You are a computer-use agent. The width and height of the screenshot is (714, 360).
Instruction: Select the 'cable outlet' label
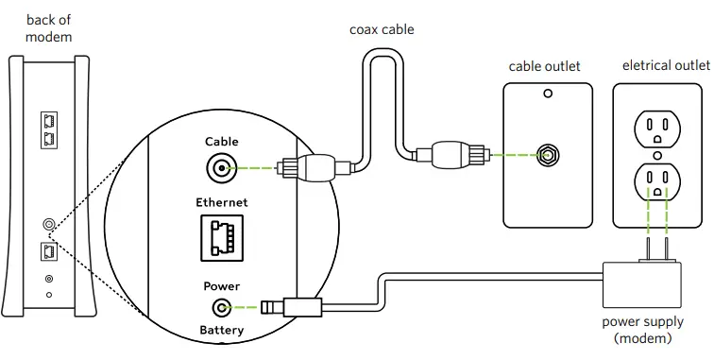tap(544, 66)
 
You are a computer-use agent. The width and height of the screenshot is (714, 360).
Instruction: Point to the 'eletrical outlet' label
tap(665, 65)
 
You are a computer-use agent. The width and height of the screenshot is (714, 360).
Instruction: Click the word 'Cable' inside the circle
tap(221, 142)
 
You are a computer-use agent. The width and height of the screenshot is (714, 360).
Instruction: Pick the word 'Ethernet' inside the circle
tap(221, 202)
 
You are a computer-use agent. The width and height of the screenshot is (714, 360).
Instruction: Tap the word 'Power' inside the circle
tap(221, 285)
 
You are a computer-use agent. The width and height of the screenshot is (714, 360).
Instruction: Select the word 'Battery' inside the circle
tap(221, 330)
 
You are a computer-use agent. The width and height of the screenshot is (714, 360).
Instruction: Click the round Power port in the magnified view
tap(222, 307)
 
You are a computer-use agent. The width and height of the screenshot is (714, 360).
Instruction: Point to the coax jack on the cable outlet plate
tap(546, 155)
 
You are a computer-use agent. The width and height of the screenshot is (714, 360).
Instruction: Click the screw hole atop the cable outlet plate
tap(546, 94)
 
